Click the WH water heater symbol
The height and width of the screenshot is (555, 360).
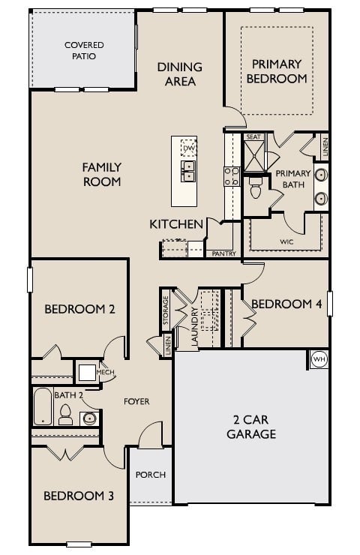tap(319, 359)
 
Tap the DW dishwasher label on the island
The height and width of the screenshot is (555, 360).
tap(188, 148)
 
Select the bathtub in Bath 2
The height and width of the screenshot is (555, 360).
tap(42, 406)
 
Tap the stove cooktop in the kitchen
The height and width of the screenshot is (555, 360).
tap(232, 176)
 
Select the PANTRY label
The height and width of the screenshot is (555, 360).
tap(223, 253)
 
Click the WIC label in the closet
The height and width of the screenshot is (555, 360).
tap(286, 242)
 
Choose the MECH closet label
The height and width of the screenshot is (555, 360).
tap(105, 371)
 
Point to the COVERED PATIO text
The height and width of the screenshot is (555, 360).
tap(84, 50)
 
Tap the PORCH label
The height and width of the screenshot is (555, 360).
tap(151, 475)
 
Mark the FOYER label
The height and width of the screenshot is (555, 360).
tap(136, 402)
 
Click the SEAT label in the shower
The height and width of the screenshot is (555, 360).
tap(253, 137)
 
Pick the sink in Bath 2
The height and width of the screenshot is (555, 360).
tap(89, 418)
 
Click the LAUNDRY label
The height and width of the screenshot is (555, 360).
tap(194, 327)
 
